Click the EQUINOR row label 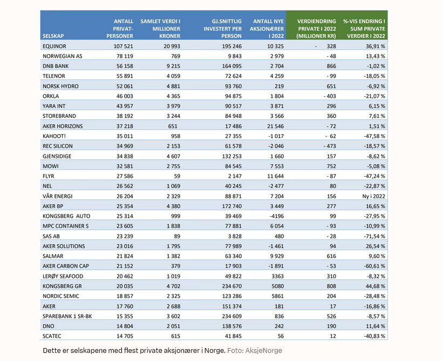pos(54,46)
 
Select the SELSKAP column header pos(53,36)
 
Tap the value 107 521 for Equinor pos(123,46)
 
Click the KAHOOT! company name pos(54,136)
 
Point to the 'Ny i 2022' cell pos(373,196)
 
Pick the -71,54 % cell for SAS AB pos(375,236)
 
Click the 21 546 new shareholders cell pos(275,126)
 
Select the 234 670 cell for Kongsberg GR pos(232,286)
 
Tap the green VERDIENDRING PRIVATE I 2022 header pos(316,29)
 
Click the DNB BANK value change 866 pos(331,66)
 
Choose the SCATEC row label pos(52,336)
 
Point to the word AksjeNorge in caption pos(263,351)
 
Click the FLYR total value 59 pos(177,176)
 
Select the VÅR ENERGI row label pos(58,196)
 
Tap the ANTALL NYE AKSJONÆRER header pos(267,29)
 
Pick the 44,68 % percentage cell pos(376,286)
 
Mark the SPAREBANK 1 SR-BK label pos(67,316)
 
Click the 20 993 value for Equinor pos(172,46)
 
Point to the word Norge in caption pos(215,351)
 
